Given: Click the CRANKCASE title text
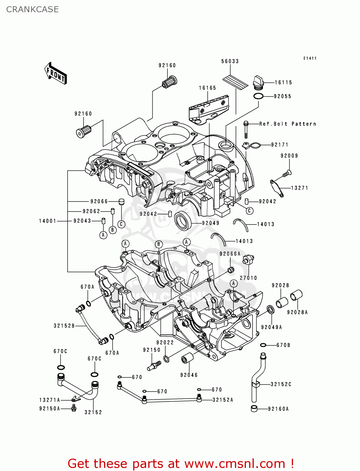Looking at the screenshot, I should tap(32, 9).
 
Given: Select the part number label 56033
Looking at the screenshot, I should tap(230, 61).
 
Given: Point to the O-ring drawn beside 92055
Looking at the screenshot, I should tap(258, 96).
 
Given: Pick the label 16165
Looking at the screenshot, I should tap(207, 88).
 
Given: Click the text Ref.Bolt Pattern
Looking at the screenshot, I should tap(287, 124).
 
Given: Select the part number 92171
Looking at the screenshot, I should tap(280, 145).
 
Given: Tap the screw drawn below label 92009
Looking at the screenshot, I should tap(287, 173).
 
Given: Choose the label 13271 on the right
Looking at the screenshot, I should tap(299, 188).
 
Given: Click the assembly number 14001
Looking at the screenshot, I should tap(47, 221).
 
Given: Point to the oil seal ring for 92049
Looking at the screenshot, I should tap(183, 221).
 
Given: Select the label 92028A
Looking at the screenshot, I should tap(297, 312).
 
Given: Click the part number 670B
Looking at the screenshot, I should tap(283, 345).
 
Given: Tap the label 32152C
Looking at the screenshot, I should tap(281, 384).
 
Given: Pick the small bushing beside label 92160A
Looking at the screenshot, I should tap(254, 409).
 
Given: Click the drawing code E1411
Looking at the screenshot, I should tap(310, 58).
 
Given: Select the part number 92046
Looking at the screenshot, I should tap(189, 375).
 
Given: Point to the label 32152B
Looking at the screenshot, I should tap(64, 326).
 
